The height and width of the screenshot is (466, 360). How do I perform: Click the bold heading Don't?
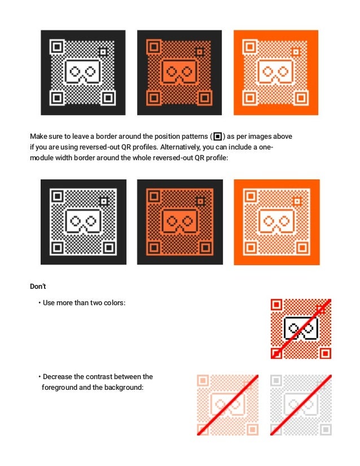click(x=38, y=286)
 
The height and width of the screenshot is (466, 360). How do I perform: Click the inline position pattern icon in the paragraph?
click(x=218, y=137)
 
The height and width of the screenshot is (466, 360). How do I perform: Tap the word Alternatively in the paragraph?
click(x=180, y=147)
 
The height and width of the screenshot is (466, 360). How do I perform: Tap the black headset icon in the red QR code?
click(x=301, y=328)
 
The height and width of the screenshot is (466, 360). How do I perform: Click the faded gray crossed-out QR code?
click(x=301, y=405)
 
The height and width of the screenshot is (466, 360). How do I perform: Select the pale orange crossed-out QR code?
click(x=227, y=405)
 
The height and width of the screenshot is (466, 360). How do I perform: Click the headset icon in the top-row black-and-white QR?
click(x=82, y=72)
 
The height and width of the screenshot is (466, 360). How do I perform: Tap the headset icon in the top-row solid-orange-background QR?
click(x=275, y=72)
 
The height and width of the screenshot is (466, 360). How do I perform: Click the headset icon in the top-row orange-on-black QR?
click(x=179, y=72)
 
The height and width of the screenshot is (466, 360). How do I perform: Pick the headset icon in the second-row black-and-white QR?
click(x=84, y=222)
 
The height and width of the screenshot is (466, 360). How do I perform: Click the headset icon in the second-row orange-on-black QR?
click(x=180, y=222)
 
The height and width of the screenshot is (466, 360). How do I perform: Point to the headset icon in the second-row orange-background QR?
click(x=276, y=222)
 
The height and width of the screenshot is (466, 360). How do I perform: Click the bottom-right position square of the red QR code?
click(x=326, y=353)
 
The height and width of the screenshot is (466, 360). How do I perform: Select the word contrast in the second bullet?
click(x=99, y=376)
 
